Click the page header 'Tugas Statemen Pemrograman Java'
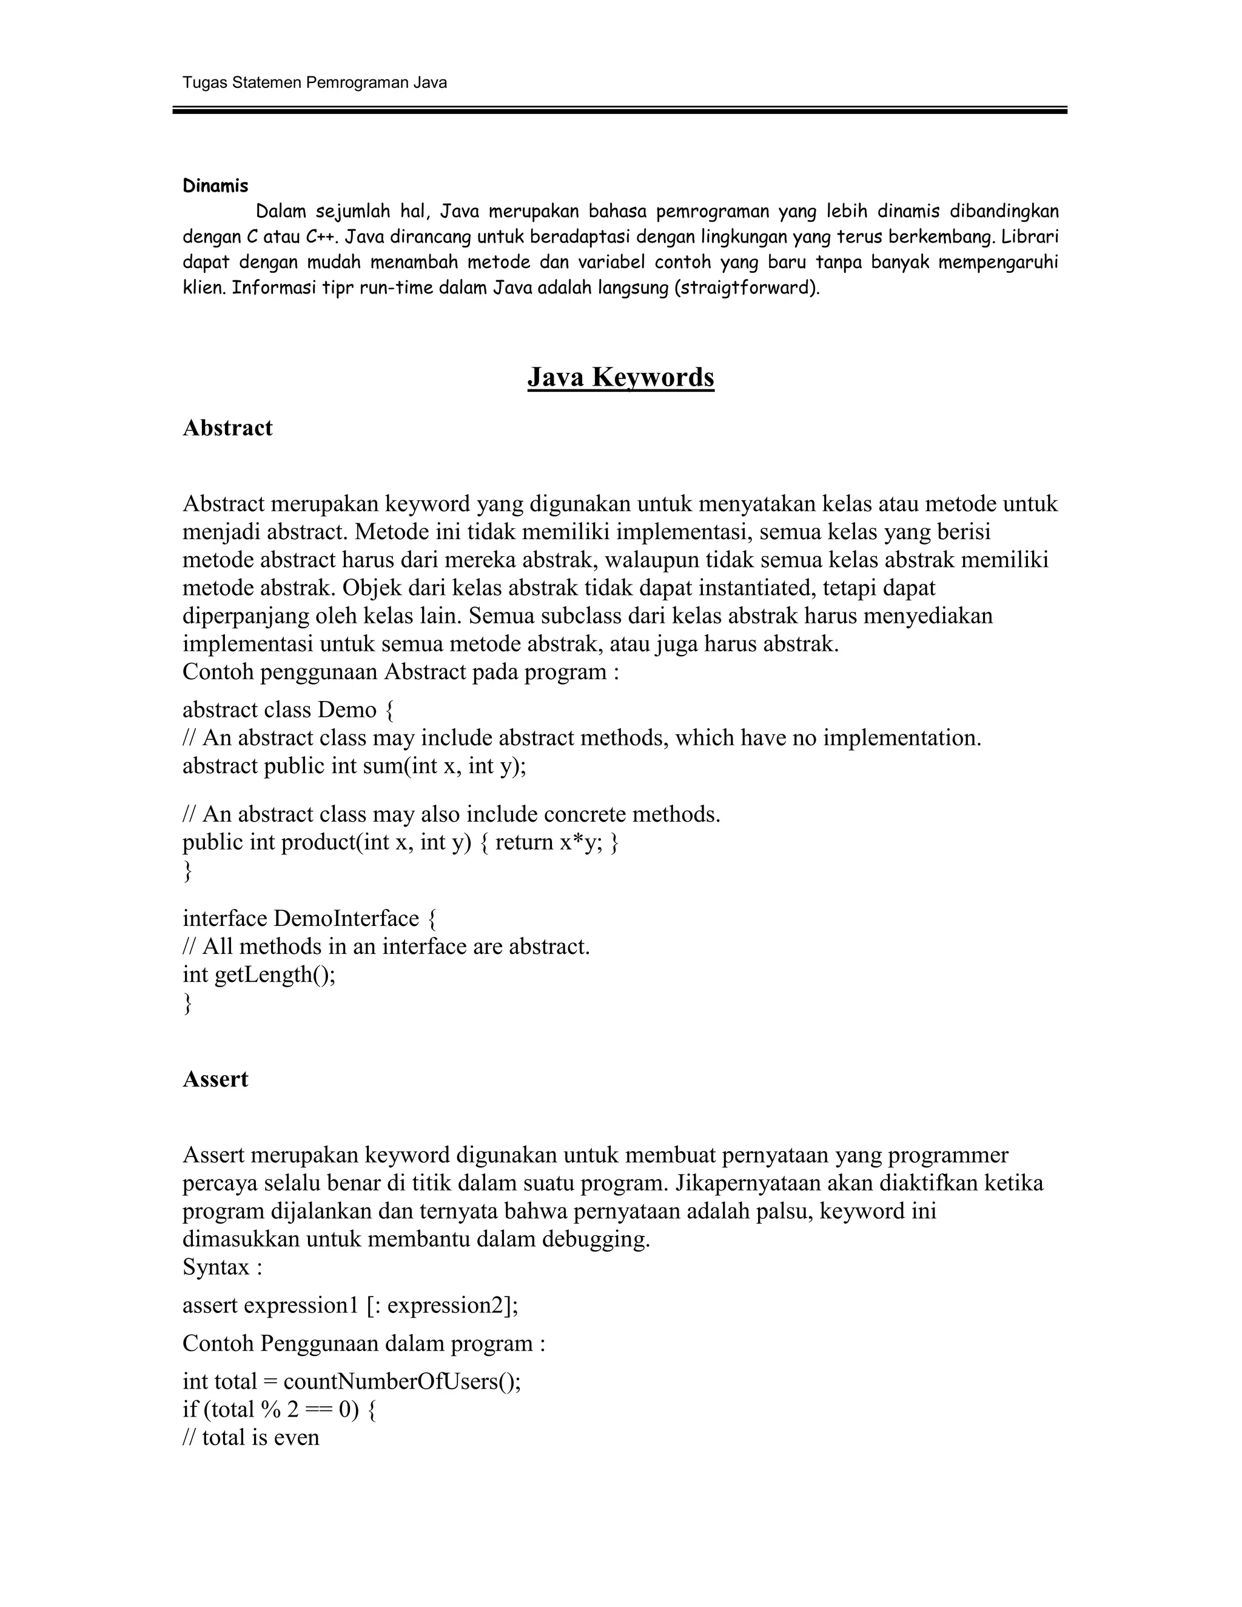314,82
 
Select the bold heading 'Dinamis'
215,186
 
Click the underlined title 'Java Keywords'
620,377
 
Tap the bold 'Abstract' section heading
227,428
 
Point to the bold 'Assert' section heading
215,1079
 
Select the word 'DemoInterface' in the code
346,918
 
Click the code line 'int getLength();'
259,975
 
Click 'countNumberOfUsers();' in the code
401,1382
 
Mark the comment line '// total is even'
251,1438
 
